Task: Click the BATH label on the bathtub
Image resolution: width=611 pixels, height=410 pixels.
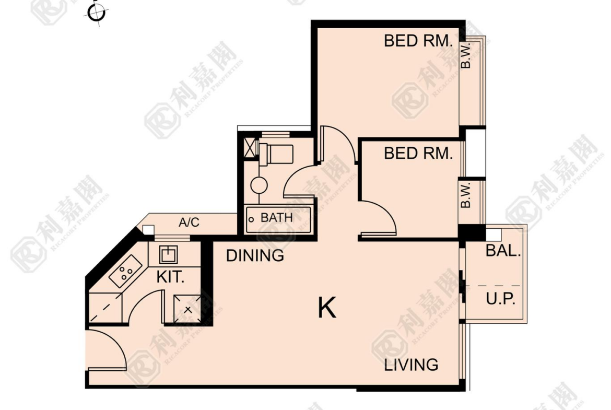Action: click(276, 217)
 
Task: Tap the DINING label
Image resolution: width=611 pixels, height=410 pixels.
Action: click(255, 256)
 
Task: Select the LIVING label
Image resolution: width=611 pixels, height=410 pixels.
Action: click(411, 365)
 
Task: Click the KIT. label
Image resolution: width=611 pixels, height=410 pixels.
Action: click(170, 277)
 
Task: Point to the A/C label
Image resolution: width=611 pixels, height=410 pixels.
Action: click(189, 222)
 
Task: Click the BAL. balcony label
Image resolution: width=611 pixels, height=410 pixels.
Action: click(503, 251)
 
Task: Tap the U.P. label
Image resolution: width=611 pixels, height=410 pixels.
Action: click(501, 299)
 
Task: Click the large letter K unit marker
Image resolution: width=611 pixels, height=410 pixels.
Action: click(326, 308)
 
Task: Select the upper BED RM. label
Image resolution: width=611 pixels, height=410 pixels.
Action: click(418, 41)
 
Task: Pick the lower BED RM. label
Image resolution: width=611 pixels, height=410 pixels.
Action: click(418, 154)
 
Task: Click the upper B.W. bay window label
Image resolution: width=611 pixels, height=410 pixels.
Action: click(466, 55)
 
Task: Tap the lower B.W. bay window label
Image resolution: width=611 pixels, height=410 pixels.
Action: click(466, 195)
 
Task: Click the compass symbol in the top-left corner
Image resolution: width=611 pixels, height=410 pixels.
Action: click(96, 13)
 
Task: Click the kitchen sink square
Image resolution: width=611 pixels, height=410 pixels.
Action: click(168, 254)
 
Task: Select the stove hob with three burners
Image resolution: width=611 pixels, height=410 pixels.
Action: click(125, 271)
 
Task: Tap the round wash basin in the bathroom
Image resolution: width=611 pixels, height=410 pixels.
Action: click(258, 185)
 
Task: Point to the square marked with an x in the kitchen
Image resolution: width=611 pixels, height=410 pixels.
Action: click(188, 309)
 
